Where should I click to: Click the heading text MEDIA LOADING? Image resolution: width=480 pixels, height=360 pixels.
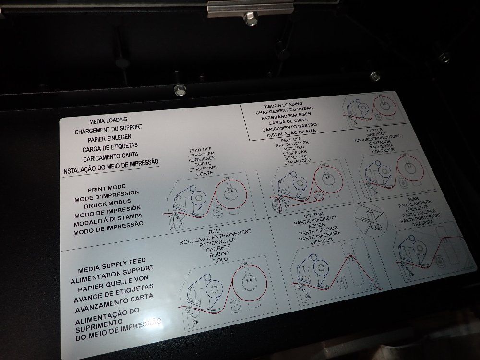[x=108, y=120]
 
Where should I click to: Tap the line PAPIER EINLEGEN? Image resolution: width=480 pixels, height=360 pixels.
[x=109, y=138]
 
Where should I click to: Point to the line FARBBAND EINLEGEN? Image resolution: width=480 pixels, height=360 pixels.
[x=286, y=116]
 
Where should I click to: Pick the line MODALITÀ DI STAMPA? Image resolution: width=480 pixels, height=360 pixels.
[x=108, y=220]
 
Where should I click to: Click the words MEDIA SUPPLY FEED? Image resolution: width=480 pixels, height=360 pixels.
[x=112, y=265]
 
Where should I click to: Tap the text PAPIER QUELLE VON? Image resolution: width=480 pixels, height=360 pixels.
[x=113, y=284]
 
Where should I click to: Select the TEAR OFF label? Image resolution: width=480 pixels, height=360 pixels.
[x=200, y=150]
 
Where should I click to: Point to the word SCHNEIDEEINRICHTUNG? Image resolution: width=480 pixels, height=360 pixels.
[x=377, y=138]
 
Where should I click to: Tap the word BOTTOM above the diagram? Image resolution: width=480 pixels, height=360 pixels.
[x=313, y=216]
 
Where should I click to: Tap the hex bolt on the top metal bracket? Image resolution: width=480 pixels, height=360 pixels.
[x=250, y=19]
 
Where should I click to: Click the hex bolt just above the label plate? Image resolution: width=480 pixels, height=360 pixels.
[x=180, y=90]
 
